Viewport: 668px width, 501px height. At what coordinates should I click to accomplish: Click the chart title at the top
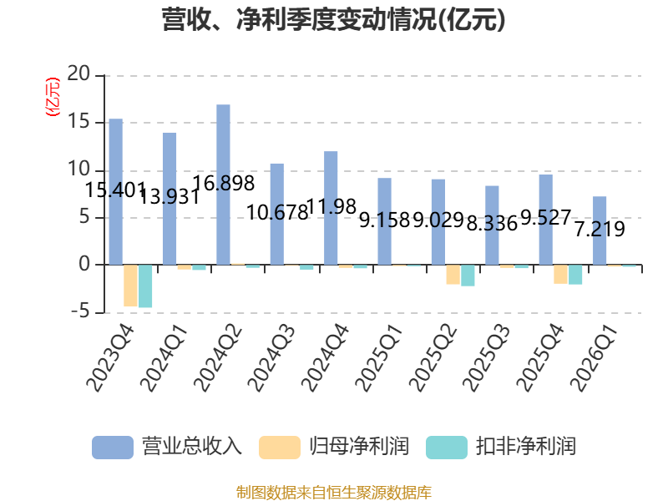click(x=333, y=19)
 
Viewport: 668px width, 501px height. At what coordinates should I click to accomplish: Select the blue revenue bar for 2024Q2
click(x=223, y=185)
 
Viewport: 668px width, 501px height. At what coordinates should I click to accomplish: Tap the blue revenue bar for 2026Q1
click(x=600, y=230)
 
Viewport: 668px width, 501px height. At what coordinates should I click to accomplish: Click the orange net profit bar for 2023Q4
click(x=130, y=286)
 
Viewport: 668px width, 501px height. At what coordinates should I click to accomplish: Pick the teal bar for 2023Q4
click(x=145, y=286)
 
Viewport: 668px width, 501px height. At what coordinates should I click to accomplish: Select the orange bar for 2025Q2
click(x=453, y=275)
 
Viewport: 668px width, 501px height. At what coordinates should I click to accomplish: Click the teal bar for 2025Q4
click(x=575, y=275)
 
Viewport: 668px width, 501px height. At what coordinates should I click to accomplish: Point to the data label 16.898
click(x=224, y=183)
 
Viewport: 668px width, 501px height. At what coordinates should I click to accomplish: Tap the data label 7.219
click(x=600, y=229)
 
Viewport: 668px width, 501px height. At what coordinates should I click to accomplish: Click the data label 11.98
click(x=331, y=206)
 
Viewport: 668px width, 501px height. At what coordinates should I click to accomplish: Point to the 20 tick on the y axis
click(x=78, y=73)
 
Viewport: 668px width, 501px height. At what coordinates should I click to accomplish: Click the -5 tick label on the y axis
click(x=80, y=311)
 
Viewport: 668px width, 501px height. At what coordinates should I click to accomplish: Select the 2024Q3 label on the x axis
click(x=271, y=358)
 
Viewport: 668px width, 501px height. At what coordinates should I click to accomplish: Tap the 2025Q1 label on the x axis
click(x=378, y=358)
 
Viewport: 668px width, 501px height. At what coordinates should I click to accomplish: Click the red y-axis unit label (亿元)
click(x=53, y=97)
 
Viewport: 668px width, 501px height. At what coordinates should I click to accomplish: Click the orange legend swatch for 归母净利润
click(x=280, y=448)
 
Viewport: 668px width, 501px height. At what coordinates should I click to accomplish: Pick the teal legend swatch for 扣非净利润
click(x=447, y=448)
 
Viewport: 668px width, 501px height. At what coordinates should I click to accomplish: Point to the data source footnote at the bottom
click(x=334, y=492)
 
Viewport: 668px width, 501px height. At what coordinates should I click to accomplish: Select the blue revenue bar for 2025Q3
click(x=492, y=225)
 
